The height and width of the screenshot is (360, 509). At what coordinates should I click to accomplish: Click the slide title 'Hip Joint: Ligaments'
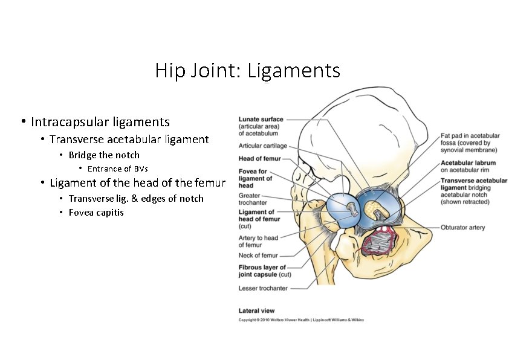tap(247, 71)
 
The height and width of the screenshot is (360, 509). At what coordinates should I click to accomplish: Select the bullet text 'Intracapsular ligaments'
tap(100, 123)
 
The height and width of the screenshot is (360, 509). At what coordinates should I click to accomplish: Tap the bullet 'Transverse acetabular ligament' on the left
tap(129, 140)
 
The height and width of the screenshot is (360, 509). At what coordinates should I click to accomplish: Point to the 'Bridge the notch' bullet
tap(104, 155)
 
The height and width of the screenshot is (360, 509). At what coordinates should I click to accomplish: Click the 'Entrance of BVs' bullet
tap(117, 169)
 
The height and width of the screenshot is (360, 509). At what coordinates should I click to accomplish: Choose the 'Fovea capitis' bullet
tap(96, 212)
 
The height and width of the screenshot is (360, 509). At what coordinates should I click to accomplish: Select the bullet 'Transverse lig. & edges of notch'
tap(136, 198)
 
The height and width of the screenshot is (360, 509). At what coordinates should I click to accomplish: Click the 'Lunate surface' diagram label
tap(261, 120)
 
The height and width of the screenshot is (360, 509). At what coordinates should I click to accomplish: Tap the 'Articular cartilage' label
tap(263, 146)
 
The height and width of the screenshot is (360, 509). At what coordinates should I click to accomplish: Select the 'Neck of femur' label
tap(258, 256)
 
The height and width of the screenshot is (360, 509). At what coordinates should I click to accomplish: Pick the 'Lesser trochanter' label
tap(263, 288)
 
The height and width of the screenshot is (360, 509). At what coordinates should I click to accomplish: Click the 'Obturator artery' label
tap(463, 228)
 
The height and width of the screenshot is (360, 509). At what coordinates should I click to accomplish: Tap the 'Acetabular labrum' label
tap(468, 163)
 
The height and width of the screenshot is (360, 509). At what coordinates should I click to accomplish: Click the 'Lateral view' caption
tap(256, 310)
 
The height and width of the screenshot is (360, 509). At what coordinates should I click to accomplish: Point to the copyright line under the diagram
tap(301, 320)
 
